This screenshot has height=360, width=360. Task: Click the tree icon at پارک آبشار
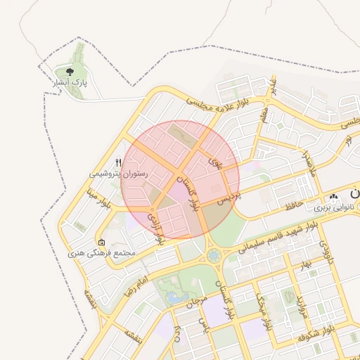pos(69,71)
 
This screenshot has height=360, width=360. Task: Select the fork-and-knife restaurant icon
pos(119,161)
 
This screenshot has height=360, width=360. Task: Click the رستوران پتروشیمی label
pos(118,172)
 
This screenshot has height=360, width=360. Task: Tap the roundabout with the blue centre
pos(213,254)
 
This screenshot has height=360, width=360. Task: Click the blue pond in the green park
pos(173,297)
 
